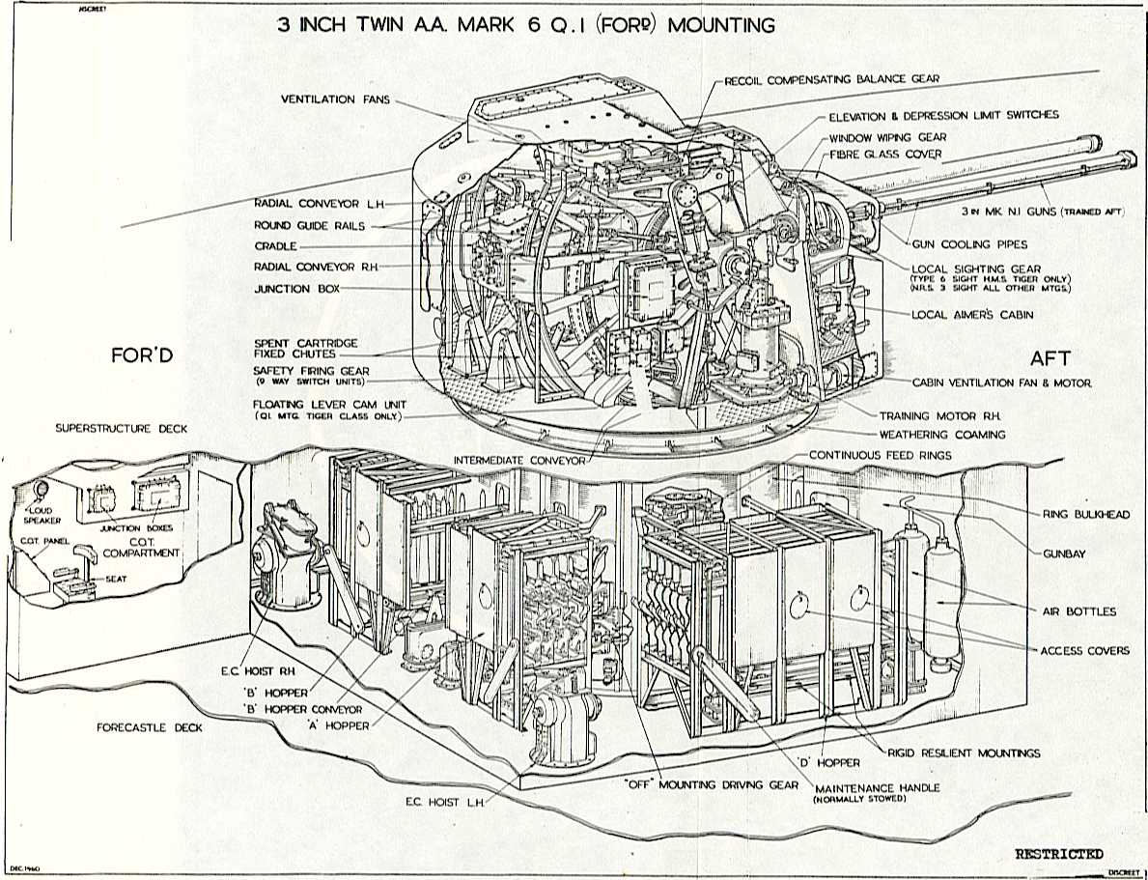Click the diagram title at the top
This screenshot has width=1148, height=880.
pyautogui.click(x=525, y=25)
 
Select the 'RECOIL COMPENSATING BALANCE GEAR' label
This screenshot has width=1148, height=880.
pyautogui.click(x=831, y=78)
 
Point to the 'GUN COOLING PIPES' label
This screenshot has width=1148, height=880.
pyautogui.click(x=969, y=244)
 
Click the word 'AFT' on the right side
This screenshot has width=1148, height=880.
pyautogui.click(x=1050, y=358)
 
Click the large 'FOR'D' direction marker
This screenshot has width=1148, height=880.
pyautogui.click(x=143, y=356)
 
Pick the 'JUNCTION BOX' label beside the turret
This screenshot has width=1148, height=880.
pyautogui.click(x=282, y=289)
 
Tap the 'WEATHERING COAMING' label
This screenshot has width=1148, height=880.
pyautogui.click(x=941, y=435)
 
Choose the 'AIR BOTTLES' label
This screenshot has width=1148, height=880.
pyautogui.click(x=1078, y=611)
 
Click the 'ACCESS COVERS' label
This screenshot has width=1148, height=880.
pyautogui.click(x=1084, y=650)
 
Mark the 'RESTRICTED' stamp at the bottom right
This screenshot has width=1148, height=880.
pyautogui.click(x=1058, y=854)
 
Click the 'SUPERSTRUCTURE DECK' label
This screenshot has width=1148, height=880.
pyautogui.click(x=122, y=428)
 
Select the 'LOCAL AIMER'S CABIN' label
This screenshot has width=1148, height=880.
pyautogui.click(x=973, y=315)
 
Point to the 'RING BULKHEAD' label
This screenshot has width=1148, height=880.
pyautogui.click(x=1086, y=515)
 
